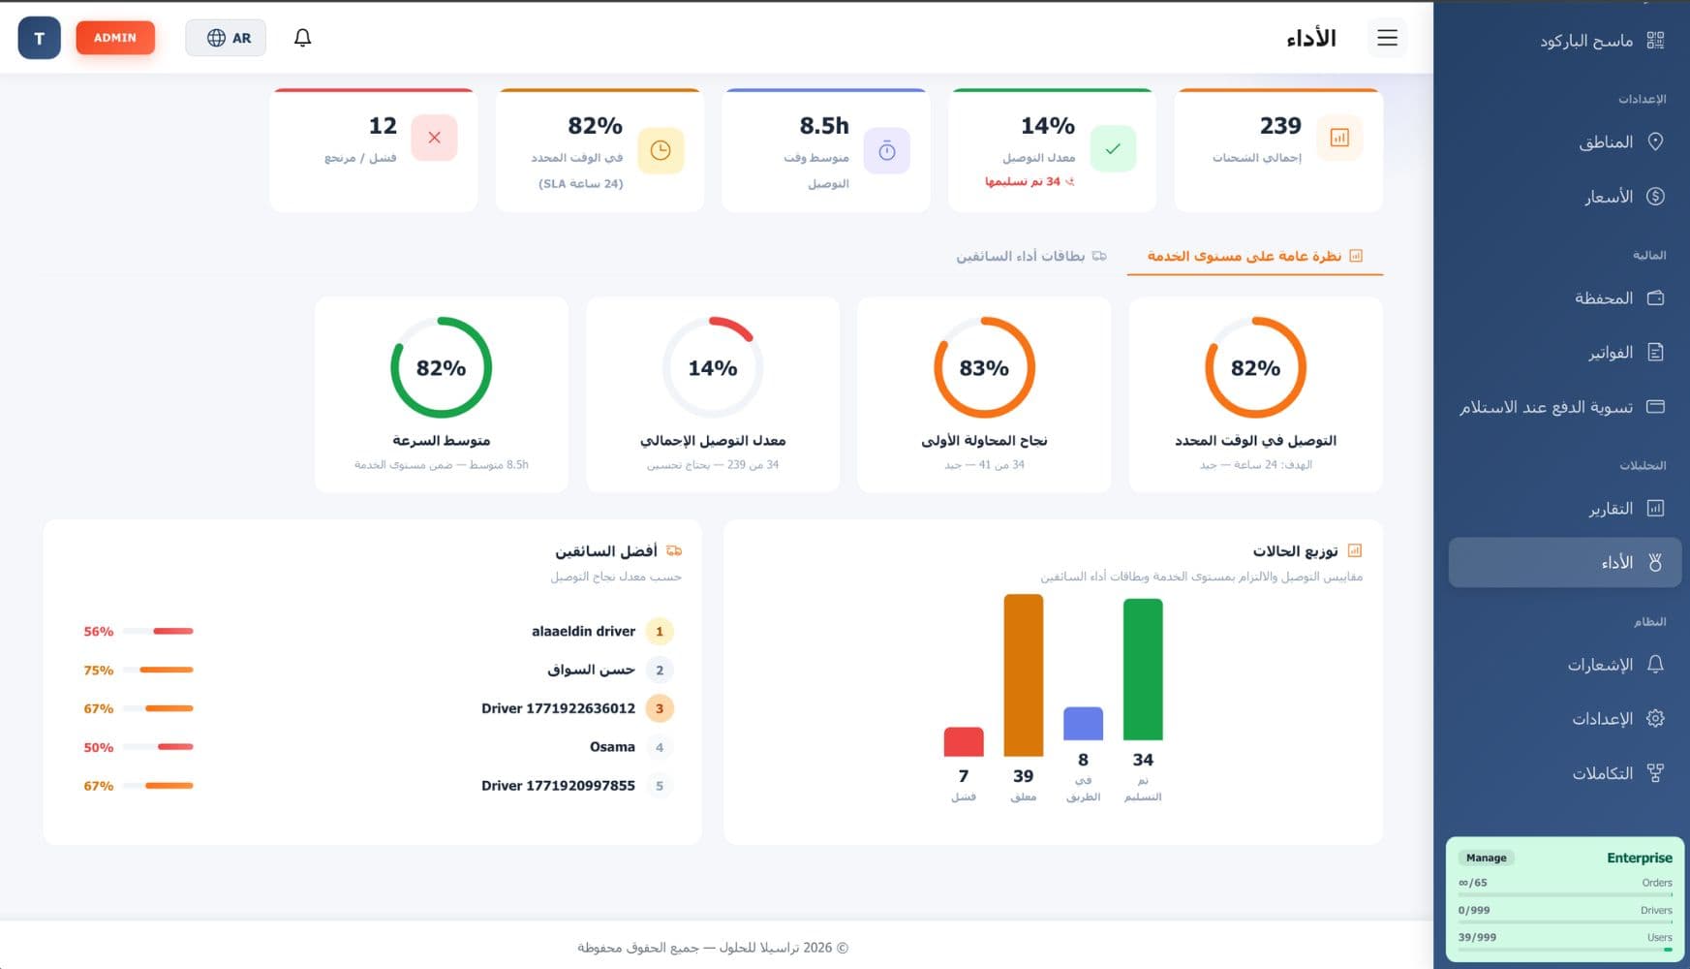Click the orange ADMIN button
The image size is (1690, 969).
pyautogui.click(x=115, y=38)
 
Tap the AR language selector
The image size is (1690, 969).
pyautogui.click(x=227, y=38)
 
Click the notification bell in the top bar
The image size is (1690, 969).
pyautogui.click(x=302, y=38)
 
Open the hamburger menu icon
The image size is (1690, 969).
pyautogui.click(x=1387, y=38)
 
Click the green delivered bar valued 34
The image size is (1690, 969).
pyautogui.click(x=1143, y=669)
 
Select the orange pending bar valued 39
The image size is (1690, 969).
pyautogui.click(x=1023, y=674)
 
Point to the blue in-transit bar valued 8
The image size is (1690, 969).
pyautogui.click(x=1083, y=724)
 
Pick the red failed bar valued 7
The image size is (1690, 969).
pyautogui.click(x=963, y=741)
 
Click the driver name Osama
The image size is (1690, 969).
pyautogui.click(x=612, y=747)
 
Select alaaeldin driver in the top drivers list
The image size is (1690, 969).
pyautogui.click(x=583, y=631)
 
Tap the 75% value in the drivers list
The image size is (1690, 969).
pyautogui.click(x=98, y=670)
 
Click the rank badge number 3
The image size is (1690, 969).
pyautogui.click(x=660, y=708)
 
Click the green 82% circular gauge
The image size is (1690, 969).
pyautogui.click(x=441, y=368)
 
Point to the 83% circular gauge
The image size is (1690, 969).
pyautogui.click(x=984, y=368)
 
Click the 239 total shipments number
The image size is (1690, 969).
pyautogui.click(x=1280, y=126)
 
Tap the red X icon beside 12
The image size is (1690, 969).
pyautogui.click(x=434, y=138)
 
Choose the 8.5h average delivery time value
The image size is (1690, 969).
pyautogui.click(x=824, y=126)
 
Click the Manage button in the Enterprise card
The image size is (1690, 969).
pyautogui.click(x=1486, y=858)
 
